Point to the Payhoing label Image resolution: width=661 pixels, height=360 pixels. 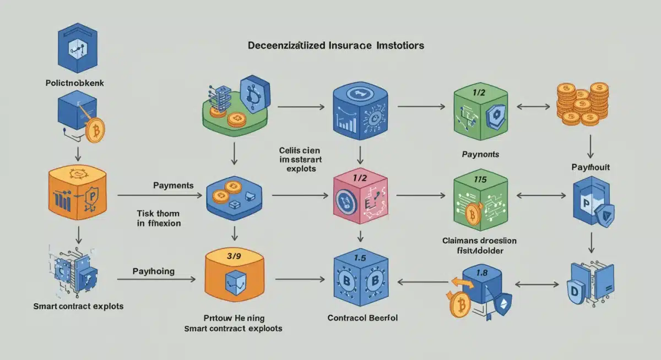click(x=154, y=271)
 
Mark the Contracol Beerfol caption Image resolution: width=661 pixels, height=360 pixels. click(x=362, y=318)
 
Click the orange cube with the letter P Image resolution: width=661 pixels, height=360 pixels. click(x=77, y=193)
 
